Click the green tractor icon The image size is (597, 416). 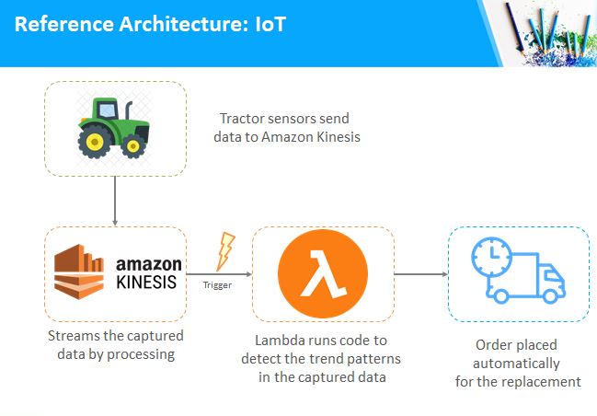(113, 128)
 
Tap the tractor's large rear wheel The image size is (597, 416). (95, 143)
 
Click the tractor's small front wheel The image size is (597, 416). (132, 146)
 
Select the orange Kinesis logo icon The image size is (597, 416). (79, 272)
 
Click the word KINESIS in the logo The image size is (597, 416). (146, 283)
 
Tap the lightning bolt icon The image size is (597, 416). (225, 251)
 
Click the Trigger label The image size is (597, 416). (217, 285)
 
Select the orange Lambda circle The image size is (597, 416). (323, 273)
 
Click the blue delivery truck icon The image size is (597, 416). (518, 270)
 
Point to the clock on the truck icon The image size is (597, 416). (492, 256)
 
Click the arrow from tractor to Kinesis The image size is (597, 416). (115, 201)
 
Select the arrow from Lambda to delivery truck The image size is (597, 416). (420, 274)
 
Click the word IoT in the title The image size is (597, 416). (270, 24)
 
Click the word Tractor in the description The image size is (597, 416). (241, 119)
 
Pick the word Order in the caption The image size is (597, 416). (492, 345)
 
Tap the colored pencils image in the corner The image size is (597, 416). (548, 33)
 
